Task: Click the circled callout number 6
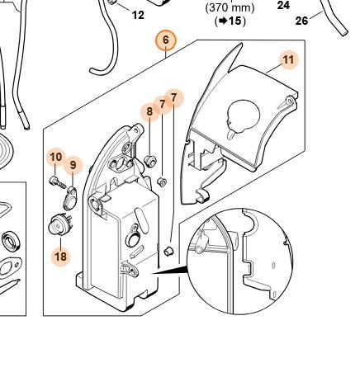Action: pyautogui.click(x=165, y=40)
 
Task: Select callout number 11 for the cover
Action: pyautogui.click(x=288, y=60)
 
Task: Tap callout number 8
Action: pyautogui.click(x=149, y=111)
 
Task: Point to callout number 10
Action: pyautogui.click(x=56, y=158)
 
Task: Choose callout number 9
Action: pyautogui.click(x=73, y=165)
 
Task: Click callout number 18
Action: pyautogui.click(x=61, y=257)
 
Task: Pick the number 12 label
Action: pyautogui.click(x=138, y=15)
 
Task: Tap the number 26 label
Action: pyautogui.click(x=301, y=21)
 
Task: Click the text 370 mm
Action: pyautogui.click(x=230, y=7)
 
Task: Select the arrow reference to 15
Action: pyautogui.click(x=230, y=21)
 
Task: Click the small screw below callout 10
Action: pyautogui.click(x=58, y=182)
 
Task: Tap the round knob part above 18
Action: pyautogui.click(x=60, y=224)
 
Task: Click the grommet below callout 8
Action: pyautogui.click(x=150, y=161)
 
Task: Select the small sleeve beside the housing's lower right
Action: pyautogui.click(x=168, y=251)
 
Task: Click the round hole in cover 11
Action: pyautogui.click(x=244, y=114)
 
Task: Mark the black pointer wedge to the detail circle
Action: pyautogui.click(x=169, y=270)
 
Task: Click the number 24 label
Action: pyautogui.click(x=283, y=5)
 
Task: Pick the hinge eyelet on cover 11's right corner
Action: pyautogui.click(x=289, y=101)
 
